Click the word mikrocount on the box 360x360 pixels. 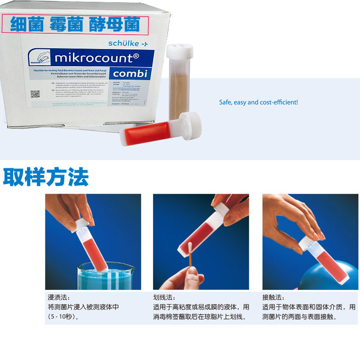(x=95, y=58)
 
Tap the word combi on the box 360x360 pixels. (x=130, y=73)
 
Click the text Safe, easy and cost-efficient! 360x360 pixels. (x=258, y=103)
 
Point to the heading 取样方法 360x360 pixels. (x=46, y=177)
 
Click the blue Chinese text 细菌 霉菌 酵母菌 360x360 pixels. (x=76, y=24)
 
